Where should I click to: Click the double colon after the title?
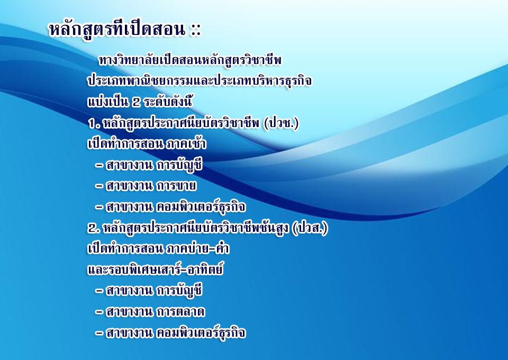tap(196, 30)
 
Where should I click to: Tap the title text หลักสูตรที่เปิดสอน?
tap(117, 30)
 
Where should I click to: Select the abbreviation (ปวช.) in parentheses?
tap(281, 123)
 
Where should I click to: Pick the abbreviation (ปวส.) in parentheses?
tap(310, 228)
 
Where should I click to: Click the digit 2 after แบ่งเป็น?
tap(136, 102)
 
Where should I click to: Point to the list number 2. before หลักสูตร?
tap(94, 229)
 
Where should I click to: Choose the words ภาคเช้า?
tap(186, 143)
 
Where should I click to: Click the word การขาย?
tap(176, 186)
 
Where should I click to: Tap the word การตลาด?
tap(181, 312)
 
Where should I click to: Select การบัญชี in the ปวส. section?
tap(179, 290)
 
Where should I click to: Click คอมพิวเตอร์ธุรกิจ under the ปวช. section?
tap(201, 207)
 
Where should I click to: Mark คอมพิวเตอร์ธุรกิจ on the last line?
tap(201, 333)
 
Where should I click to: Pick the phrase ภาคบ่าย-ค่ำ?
tap(197, 248)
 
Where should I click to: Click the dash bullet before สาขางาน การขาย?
tap(99, 186)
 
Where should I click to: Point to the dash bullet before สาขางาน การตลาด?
tap(99, 312)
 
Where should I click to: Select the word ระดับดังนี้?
tap(168, 102)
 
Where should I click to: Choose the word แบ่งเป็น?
tap(108, 102)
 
